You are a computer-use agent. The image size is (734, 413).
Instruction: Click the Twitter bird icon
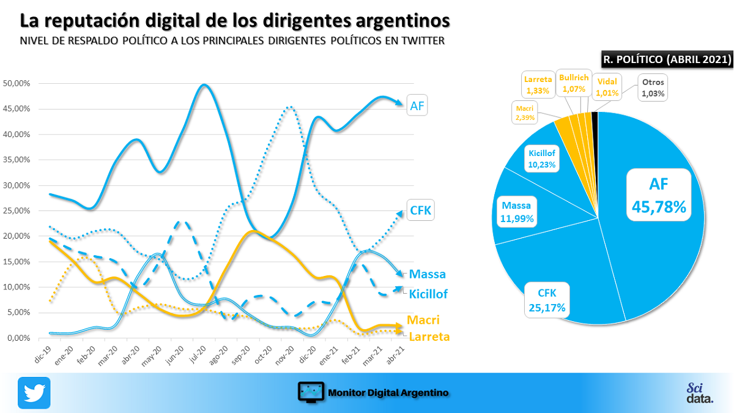pyautogui.click(x=34, y=392)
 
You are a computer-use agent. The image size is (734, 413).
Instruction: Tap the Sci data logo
pyautogui.click(x=699, y=393)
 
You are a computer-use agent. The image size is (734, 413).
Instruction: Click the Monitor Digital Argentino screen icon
pyautogui.click(x=311, y=392)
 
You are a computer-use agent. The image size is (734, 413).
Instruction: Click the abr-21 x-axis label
pyautogui.click(x=397, y=354)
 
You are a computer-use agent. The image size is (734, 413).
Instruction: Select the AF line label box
pyautogui.click(x=417, y=106)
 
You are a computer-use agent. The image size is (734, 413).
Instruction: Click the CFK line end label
pyautogui.click(x=421, y=212)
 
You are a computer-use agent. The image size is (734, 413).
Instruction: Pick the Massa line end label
pyautogui.click(x=427, y=274)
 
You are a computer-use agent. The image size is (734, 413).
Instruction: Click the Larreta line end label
pyautogui.click(x=429, y=337)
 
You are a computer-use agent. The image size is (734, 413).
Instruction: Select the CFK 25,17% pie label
pyautogui.click(x=547, y=300)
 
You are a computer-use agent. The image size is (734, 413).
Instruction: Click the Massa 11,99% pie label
pyautogui.click(x=517, y=211)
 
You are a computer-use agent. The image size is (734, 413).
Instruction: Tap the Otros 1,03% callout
pyautogui.click(x=652, y=87)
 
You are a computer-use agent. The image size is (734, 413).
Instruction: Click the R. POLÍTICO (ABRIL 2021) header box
pyautogui.click(x=667, y=59)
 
